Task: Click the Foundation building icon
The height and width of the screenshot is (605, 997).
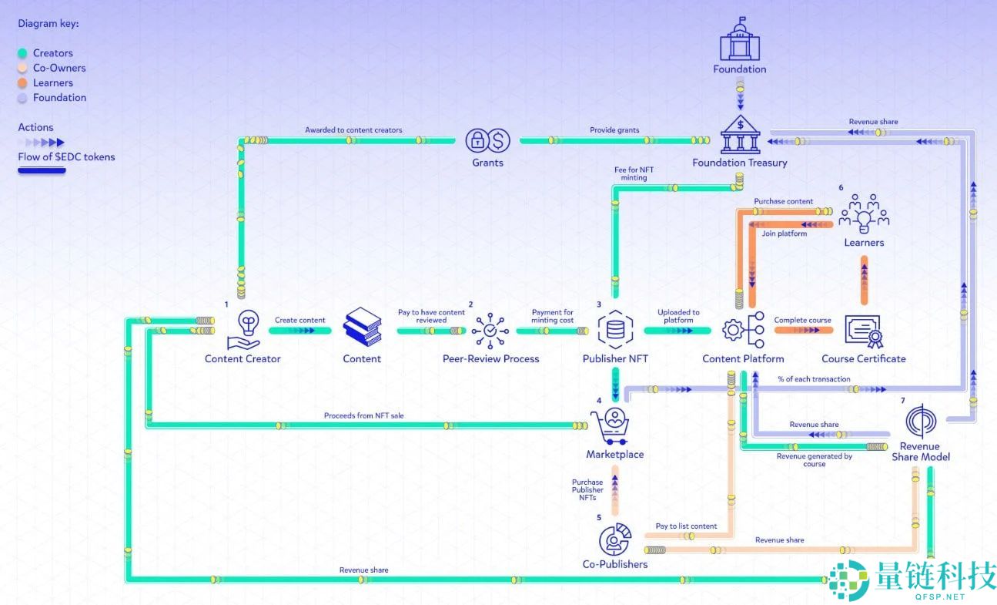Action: click(739, 39)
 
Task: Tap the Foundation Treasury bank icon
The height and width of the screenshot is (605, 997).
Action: click(740, 135)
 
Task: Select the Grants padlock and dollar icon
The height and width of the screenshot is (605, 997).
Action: click(488, 140)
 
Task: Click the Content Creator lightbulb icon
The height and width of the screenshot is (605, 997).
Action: click(247, 330)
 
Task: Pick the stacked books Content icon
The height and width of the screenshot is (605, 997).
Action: click(362, 327)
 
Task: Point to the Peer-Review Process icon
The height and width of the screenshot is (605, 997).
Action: click(490, 330)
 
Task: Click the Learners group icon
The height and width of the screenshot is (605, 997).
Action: click(864, 213)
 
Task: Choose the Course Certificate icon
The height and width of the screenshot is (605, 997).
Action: click(863, 330)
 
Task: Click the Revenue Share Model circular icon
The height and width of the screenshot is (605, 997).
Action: click(921, 421)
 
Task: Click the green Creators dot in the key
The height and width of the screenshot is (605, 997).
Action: click(22, 53)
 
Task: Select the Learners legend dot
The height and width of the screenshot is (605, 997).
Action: click(22, 83)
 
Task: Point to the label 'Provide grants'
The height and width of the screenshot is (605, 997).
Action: click(614, 130)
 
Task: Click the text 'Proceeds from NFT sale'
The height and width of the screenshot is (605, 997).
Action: click(363, 415)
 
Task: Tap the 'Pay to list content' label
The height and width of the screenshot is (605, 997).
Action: click(686, 526)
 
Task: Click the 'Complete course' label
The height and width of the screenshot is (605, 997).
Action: click(802, 320)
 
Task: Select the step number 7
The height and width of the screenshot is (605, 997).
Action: click(902, 401)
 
